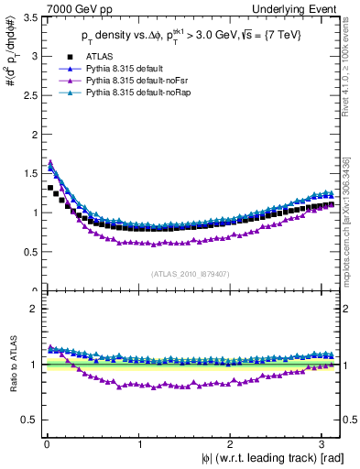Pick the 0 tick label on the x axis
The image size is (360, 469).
pos(45,444)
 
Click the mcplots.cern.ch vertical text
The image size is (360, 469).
pos(351,206)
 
